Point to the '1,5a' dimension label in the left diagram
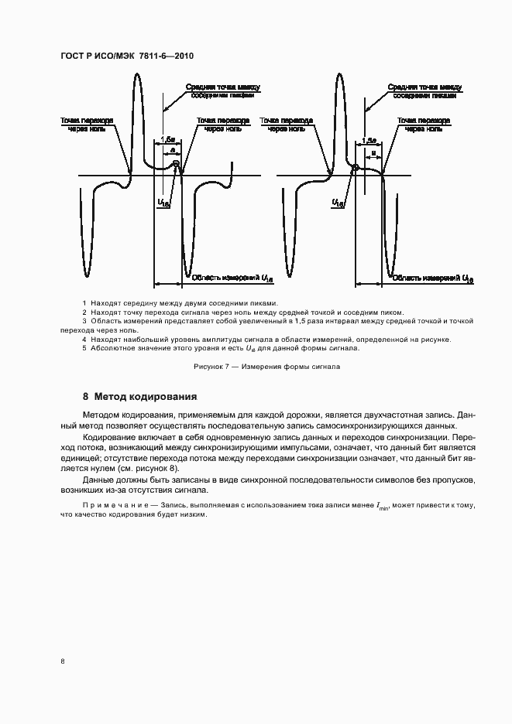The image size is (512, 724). (166, 139)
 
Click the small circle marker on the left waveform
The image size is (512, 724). (176, 164)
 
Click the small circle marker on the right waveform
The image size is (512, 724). (356, 167)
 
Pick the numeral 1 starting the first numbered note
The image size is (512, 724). (84, 302)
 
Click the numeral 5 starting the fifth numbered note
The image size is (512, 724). (84, 348)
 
